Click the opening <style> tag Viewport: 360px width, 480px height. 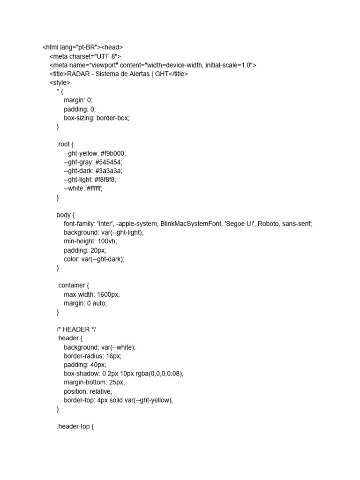(60, 82)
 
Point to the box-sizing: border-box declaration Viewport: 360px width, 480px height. (97, 118)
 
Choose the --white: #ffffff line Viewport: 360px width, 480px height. (83, 188)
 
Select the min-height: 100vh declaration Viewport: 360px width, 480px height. (90, 241)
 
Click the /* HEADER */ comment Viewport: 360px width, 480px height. (76, 330)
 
